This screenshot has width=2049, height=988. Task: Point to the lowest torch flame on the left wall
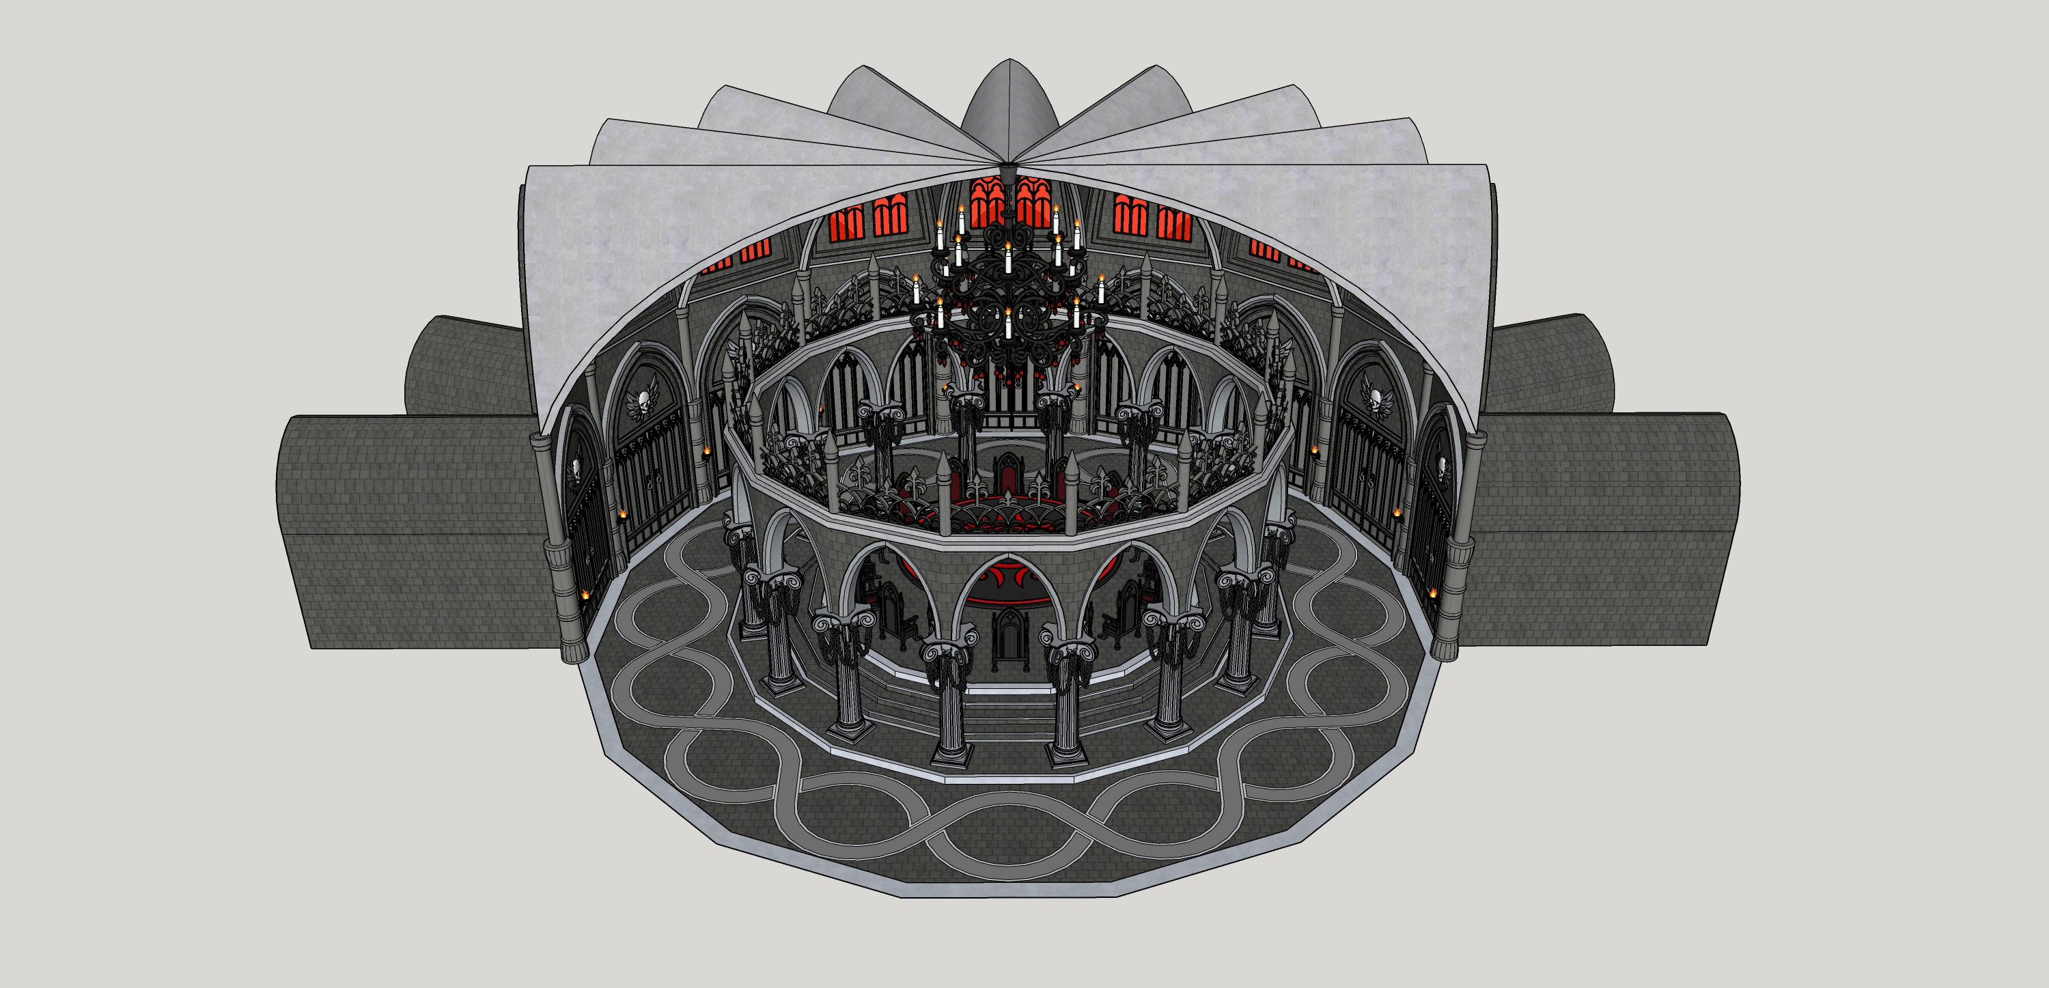(587, 595)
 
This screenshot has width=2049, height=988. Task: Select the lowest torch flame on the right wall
(1432, 593)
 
